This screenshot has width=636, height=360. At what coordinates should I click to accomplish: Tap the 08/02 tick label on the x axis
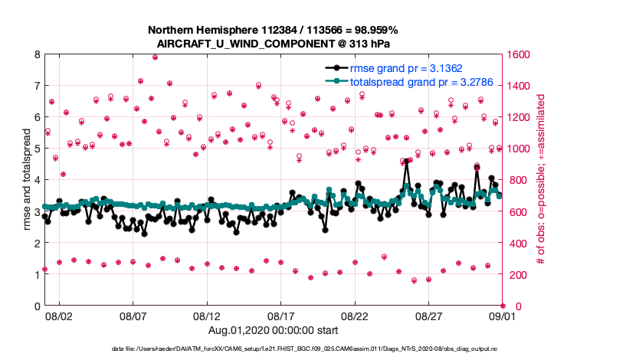tap(59, 316)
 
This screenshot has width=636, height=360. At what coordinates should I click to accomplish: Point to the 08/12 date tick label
tap(207, 316)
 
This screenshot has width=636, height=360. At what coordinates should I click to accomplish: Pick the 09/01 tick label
tap(503, 316)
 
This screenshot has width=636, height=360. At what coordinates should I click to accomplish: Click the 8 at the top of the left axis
tap(37, 54)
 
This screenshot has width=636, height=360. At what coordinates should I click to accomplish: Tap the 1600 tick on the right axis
tap(516, 54)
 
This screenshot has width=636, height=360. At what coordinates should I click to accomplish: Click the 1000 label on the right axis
tap(516, 149)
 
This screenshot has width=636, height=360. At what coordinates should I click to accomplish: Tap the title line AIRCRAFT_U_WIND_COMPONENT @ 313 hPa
tap(274, 43)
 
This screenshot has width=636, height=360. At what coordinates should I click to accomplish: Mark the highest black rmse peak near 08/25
tap(407, 161)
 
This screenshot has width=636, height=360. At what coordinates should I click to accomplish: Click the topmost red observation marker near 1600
tap(155, 57)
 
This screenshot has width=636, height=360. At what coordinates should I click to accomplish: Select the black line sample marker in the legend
tap(336, 67)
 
